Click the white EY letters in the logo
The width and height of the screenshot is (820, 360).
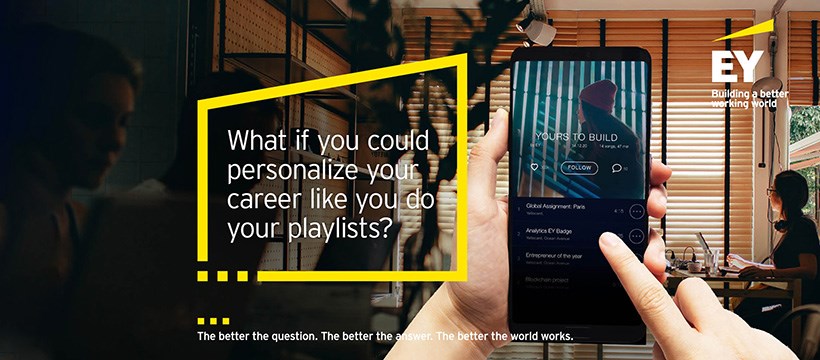coord(739,67)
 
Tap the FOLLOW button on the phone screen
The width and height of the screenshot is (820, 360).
coord(579,168)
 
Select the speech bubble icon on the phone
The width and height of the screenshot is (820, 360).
coord(616,168)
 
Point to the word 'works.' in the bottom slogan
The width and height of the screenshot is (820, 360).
coord(553,336)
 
